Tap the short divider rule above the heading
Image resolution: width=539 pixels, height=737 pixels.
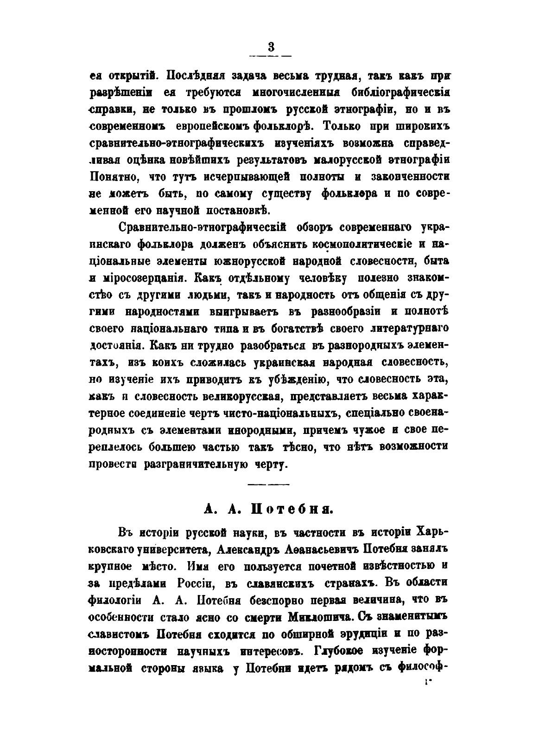point(268,485)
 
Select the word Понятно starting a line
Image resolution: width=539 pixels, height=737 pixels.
point(113,177)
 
